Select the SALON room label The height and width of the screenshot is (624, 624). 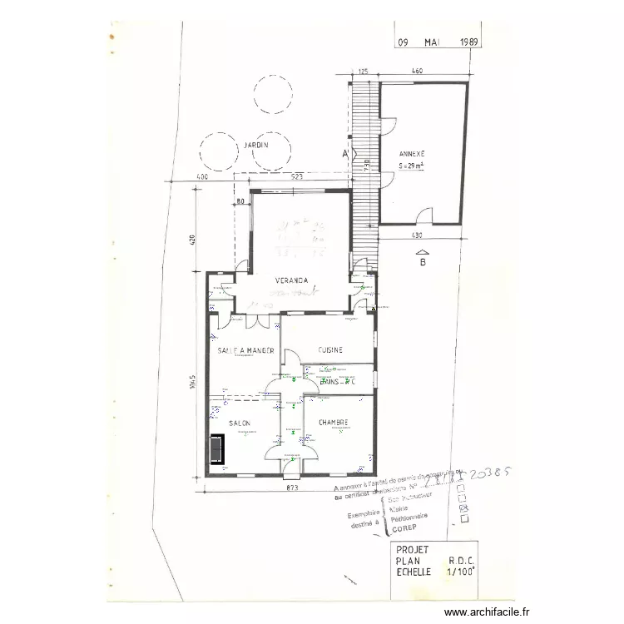click(x=240, y=423)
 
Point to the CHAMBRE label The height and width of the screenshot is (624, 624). click(x=332, y=422)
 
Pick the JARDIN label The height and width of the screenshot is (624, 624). click(x=255, y=146)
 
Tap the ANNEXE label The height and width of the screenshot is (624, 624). click(x=412, y=154)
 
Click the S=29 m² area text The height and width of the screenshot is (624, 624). click(x=413, y=166)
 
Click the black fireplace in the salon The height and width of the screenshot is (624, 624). click(x=217, y=450)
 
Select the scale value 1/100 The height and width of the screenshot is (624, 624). click(x=461, y=573)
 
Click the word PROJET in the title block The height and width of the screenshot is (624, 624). click(x=413, y=550)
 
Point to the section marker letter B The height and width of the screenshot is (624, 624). click(x=423, y=262)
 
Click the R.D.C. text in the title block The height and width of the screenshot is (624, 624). click(x=461, y=562)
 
